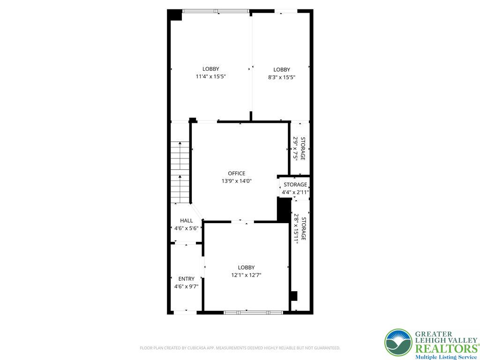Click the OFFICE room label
(236, 173)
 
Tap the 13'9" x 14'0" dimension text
(236, 181)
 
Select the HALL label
(186, 220)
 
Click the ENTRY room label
(186, 279)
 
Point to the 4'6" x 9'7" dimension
(186, 286)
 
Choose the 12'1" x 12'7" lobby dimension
(246, 275)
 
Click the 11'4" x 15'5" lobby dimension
(210, 76)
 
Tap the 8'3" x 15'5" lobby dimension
(282, 77)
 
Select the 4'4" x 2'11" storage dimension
(295, 192)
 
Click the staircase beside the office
(180, 172)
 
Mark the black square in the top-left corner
(174, 15)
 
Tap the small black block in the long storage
(294, 296)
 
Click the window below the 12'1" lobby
(253, 313)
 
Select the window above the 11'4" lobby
(216, 11)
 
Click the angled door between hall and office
(196, 212)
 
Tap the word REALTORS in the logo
(447, 349)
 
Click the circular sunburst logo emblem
(398, 343)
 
